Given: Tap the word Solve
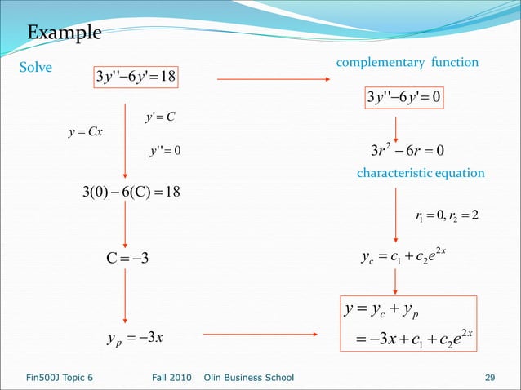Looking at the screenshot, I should [x=36, y=68].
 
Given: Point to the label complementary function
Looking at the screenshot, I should [x=407, y=63].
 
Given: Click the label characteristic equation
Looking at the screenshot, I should [x=421, y=173].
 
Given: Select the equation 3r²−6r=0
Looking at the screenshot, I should [x=407, y=150].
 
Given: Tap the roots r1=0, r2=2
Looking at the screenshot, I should [x=447, y=215].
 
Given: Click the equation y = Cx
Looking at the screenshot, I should [x=85, y=133].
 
